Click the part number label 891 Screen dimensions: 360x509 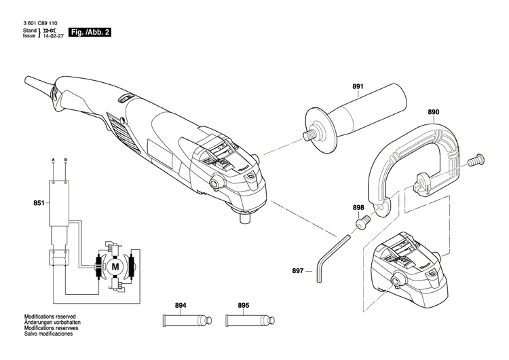358,86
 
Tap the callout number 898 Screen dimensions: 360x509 358,207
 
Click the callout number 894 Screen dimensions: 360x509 181,305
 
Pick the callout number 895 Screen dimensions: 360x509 244,305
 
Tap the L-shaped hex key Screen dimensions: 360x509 330,254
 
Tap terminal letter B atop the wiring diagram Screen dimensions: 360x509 65,160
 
